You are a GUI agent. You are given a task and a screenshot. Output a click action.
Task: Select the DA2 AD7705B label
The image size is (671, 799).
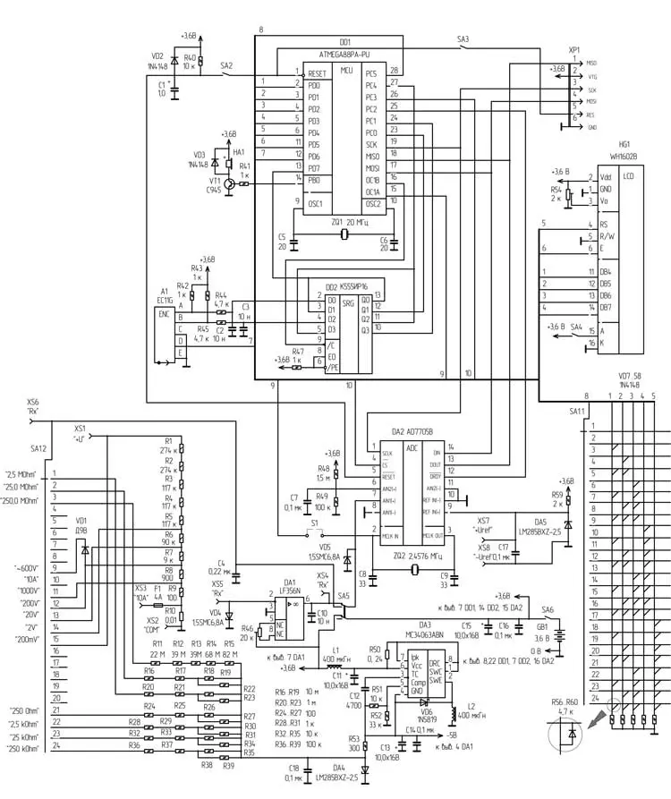click(x=412, y=431)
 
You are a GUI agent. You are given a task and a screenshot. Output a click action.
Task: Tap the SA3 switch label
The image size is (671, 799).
click(x=463, y=38)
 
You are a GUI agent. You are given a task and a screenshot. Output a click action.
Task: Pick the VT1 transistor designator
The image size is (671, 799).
click(x=215, y=182)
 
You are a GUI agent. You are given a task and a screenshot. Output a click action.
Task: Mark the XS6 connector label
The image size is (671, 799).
click(x=33, y=402)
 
